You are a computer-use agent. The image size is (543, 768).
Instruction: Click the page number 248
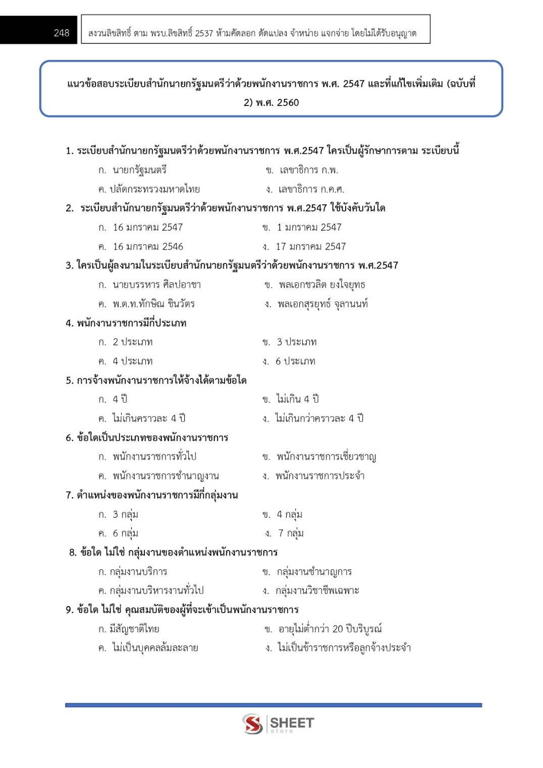(62, 33)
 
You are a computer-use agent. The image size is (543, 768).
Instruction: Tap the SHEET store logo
(278, 724)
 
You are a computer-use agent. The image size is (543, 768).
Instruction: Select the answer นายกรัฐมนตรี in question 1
(139, 170)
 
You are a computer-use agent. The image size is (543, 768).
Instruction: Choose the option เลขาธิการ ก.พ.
(308, 170)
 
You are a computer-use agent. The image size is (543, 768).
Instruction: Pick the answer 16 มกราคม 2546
(148, 247)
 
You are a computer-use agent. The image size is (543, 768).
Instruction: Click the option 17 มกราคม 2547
(310, 247)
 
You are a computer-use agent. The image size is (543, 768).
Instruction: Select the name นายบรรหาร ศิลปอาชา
(156, 285)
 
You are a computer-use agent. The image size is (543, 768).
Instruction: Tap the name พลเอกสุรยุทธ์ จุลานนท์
(322, 304)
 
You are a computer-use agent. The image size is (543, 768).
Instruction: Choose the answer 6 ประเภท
(295, 361)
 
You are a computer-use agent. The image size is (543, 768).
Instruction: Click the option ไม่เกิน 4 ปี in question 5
(298, 399)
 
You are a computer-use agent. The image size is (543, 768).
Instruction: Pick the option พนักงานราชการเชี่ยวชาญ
(326, 457)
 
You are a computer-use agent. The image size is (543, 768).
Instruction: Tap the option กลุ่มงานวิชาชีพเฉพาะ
(317, 590)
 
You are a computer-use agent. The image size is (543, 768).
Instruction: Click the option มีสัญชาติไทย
(134, 629)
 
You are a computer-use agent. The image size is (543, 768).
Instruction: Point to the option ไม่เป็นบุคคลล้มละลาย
(155, 648)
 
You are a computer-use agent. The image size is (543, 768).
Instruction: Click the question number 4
(69, 323)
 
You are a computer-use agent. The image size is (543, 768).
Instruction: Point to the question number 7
(69, 496)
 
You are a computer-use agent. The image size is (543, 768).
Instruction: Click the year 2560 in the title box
(288, 103)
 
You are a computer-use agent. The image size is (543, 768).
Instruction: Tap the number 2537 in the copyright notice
(204, 33)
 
